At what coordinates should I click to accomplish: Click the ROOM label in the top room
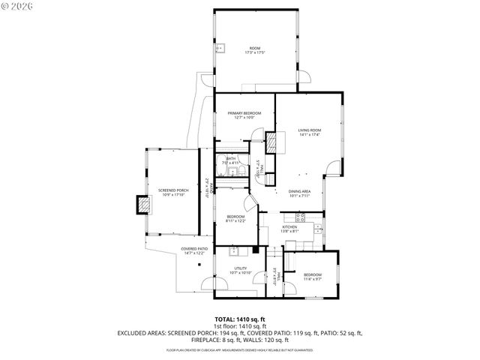255,48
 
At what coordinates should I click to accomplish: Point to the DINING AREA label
299,191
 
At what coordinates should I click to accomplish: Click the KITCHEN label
289,226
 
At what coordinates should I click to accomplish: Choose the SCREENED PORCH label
172,191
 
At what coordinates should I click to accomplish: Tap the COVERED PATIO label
193,249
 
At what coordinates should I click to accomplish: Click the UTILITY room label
241,268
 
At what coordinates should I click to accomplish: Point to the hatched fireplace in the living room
275,142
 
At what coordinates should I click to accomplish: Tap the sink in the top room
223,49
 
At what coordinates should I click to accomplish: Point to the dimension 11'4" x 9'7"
313,279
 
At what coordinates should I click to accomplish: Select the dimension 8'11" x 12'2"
235,220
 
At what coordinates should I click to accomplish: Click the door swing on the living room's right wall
333,166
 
